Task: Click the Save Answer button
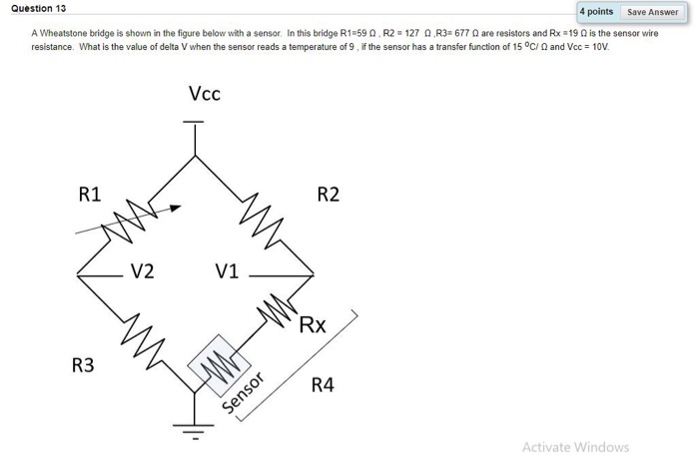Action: (x=652, y=12)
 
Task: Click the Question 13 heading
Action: (x=39, y=8)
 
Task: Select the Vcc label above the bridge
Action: (x=204, y=95)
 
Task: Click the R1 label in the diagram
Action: (x=89, y=194)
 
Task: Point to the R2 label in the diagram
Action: (x=328, y=194)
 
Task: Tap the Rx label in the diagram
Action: (x=313, y=324)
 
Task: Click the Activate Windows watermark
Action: (x=575, y=446)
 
